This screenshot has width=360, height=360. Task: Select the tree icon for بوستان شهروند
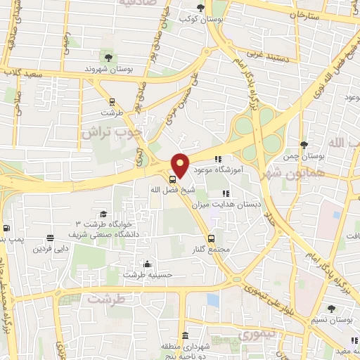(108, 58)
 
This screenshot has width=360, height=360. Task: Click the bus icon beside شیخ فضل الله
(173, 179)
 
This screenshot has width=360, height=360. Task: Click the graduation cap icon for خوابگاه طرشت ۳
(103, 214)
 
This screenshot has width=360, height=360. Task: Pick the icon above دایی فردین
(50, 238)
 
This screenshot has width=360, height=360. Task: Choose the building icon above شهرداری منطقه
(185, 335)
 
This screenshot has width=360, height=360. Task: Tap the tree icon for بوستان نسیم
(330, 308)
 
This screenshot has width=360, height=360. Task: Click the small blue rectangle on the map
(212, 300)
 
